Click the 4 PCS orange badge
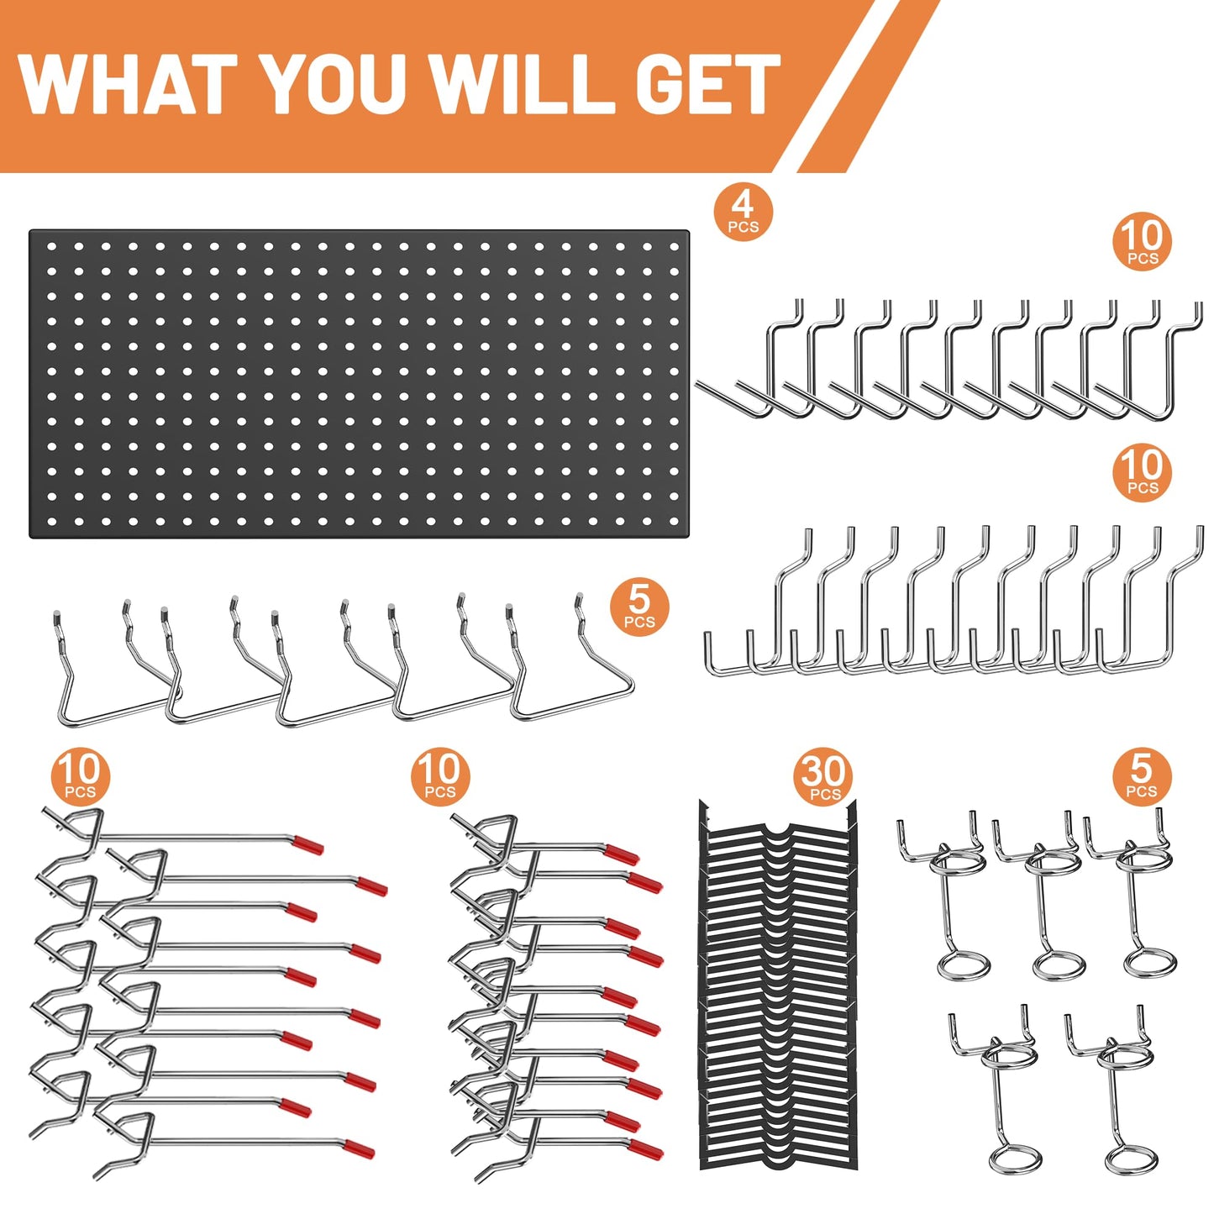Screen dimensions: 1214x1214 tap(743, 213)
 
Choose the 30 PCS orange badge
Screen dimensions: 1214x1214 tap(824, 777)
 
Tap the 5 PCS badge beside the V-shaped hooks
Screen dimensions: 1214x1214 tap(639, 607)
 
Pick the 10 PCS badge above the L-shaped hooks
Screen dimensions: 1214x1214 tap(1142, 472)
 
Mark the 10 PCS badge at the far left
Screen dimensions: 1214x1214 tap(80, 775)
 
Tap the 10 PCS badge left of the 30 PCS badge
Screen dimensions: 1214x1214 tap(439, 775)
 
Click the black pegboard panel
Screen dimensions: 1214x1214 tap(359, 384)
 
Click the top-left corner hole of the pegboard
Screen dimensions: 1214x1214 tap(51, 247)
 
